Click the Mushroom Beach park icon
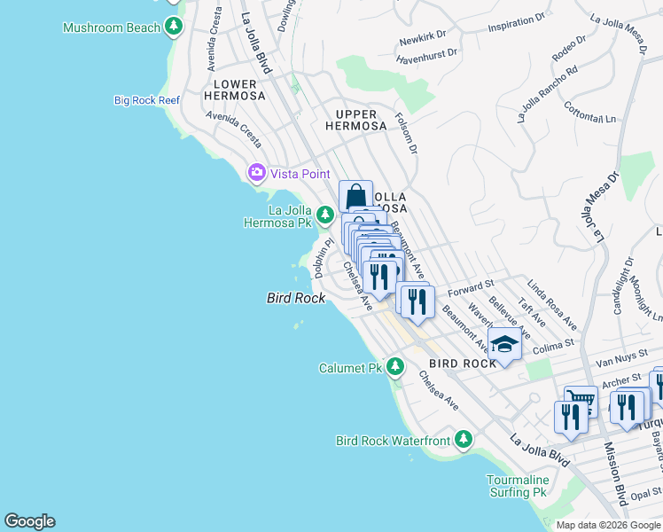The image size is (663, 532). (175, 27)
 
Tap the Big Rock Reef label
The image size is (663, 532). (147, 100)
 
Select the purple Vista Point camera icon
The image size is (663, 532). (257, 172)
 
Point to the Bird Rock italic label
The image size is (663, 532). (294, 299)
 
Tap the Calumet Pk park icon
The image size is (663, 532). (395, 366)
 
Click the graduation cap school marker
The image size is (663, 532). (503, 344)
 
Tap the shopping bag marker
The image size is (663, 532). (355, 195)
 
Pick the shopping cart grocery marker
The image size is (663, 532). (580, 400)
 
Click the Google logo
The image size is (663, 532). (29, 521)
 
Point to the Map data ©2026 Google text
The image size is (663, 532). (608, 525)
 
